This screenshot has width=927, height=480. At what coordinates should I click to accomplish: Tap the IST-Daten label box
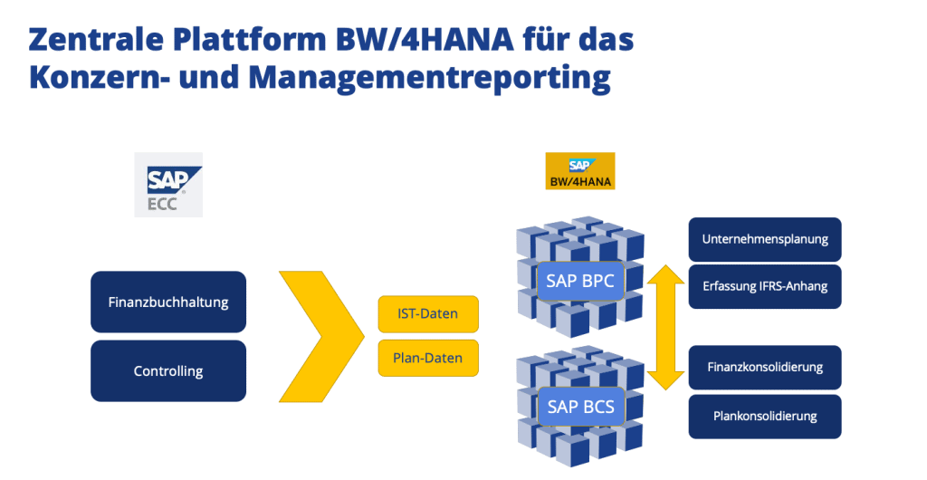[x=427, y=314]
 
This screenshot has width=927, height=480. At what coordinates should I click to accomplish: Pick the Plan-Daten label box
[x=427, y=358]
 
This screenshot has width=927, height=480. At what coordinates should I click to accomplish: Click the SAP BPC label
[x=580, y=281]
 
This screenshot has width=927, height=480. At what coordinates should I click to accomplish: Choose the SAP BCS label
[x=580, y=407]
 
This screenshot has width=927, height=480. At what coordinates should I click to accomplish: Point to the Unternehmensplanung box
[x=765, y=240]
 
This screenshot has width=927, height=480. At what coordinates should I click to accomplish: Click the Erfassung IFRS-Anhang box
[x=765, y=287]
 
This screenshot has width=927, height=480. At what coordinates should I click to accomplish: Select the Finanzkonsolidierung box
[x=765, y=367]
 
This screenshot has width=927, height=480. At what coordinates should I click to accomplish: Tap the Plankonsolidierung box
[x=765, y=417]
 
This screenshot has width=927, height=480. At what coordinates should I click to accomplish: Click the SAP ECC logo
[x=167, y=185]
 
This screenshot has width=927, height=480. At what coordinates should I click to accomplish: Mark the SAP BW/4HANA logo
[x=579, y=171]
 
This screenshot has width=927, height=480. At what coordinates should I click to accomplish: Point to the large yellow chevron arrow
[x=318, y=335]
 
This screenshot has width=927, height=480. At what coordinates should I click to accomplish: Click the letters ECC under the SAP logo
[x=162, y=203]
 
